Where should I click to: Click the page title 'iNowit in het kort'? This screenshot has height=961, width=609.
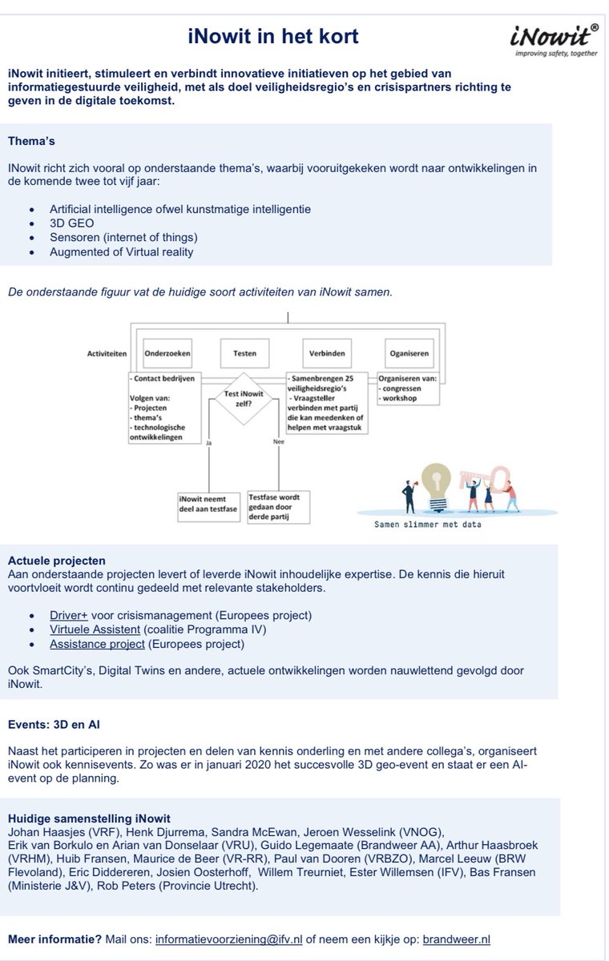click(273, 36)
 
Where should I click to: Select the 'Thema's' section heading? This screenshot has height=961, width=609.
click(31, 141)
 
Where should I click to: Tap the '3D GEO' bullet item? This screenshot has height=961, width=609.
click(71, 223)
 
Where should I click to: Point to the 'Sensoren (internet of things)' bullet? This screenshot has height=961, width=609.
click(123, 237)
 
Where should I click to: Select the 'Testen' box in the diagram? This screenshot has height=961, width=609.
click(244, 353)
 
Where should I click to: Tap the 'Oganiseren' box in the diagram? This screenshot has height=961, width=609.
click(409, 353)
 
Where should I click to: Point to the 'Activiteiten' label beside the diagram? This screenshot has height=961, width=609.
click(107, 353)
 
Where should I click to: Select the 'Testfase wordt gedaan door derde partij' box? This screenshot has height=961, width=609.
click(279, 507)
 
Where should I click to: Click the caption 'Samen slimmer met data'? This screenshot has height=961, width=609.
click(428, 525)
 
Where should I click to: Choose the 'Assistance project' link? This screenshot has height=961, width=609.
click(97, 644)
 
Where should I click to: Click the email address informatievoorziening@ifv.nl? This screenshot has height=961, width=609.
click(228, 939)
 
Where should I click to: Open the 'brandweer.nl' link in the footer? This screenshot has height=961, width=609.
click(456, 939)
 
